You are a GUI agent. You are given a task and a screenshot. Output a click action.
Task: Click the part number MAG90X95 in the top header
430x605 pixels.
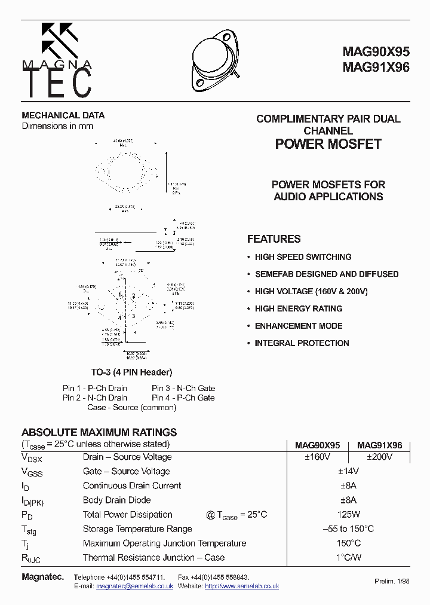pos(376,52)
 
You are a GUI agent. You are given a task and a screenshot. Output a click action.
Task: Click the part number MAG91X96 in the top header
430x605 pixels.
pos(376,68)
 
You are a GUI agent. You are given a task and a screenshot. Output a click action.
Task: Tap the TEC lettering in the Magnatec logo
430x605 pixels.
pos(58,82)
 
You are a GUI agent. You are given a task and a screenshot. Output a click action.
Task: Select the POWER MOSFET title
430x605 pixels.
pos(328,144)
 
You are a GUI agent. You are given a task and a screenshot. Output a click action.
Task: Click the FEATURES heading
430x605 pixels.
pos(274,239)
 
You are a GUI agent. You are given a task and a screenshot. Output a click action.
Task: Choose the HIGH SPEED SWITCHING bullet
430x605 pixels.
pos(303,257)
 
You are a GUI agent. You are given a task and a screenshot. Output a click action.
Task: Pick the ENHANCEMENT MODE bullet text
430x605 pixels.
pos(299,326)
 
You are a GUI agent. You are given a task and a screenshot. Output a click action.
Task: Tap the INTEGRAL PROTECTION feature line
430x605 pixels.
pos(302,343)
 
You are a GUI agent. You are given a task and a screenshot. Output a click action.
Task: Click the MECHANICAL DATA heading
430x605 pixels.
pos(63,115)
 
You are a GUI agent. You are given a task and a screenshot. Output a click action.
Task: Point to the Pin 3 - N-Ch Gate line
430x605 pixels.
pos(183,388)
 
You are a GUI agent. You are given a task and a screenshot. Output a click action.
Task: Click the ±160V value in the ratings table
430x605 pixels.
pos(317,457)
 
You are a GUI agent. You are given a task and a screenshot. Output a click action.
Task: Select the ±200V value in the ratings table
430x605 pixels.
pos(379,457)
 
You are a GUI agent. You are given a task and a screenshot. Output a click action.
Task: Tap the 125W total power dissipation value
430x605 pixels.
pos(348,515)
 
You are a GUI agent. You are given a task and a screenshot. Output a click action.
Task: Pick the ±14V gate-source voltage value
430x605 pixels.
pos(348,472)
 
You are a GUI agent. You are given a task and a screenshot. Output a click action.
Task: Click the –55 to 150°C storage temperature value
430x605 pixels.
pos(348,529)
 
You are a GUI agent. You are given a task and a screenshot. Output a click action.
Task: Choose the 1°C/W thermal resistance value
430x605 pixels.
pos(348,558)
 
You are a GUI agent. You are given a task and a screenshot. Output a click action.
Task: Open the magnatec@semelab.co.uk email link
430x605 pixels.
pos(135,586)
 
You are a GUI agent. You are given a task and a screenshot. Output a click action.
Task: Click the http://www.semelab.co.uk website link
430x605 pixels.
pos(242,586)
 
